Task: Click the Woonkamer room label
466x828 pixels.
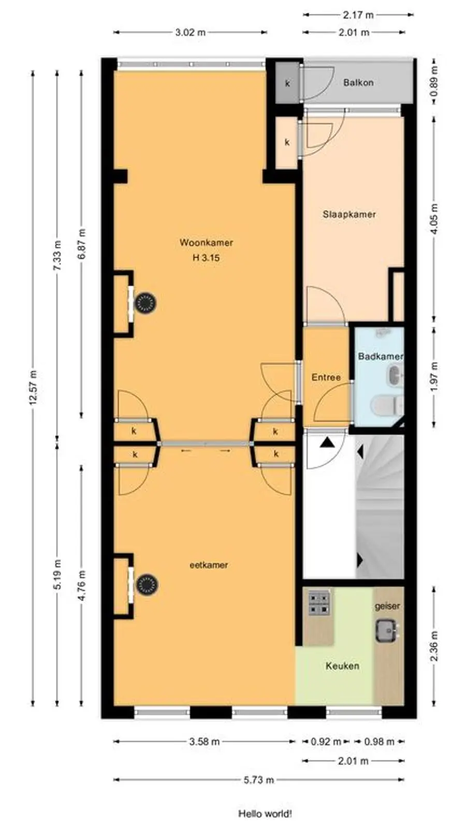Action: pos(207,243)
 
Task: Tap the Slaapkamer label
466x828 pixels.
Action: pos(349,214)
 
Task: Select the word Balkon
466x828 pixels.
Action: pos(358,82)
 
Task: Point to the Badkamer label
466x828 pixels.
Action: pos(380,357)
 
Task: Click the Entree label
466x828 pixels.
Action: pos(326,377)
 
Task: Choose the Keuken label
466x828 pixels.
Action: pos(342,666)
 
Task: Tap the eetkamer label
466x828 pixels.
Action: pos(209,565)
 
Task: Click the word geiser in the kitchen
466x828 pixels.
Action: pos(387,606)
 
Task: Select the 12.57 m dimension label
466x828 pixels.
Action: pos(33,387)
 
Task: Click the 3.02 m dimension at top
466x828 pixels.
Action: pos(190,32)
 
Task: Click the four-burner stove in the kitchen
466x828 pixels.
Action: pos(319,603)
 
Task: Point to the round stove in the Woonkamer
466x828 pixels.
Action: pos(144,303)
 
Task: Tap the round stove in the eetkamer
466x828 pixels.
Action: pos(147,585)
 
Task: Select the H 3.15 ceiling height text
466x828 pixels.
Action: pos(206,258)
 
